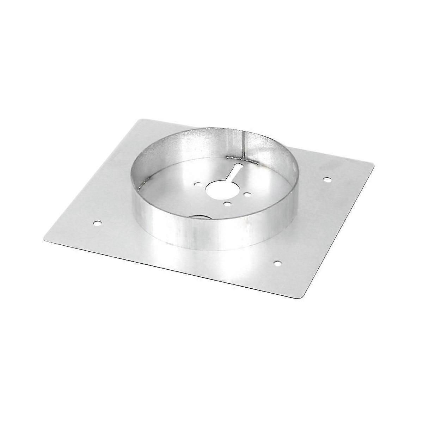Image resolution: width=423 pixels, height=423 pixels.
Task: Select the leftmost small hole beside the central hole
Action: (x=197, y=184)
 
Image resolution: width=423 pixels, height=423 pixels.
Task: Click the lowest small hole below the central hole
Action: (x=226, y=203)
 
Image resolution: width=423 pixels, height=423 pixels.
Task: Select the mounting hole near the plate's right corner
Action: (x=327, y=179)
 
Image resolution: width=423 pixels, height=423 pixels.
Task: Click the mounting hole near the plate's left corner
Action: (x=97, y=223)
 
